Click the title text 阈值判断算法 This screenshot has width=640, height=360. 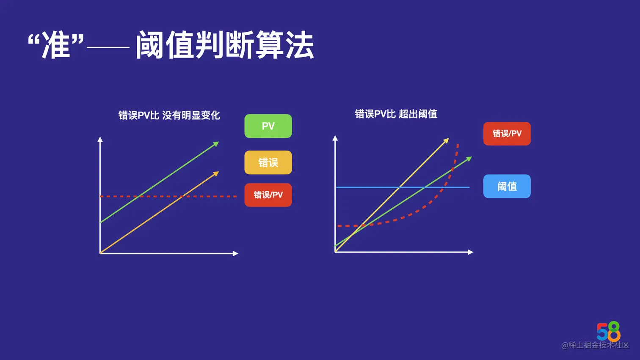point(225,45)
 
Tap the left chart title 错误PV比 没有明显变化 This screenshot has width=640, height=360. point(169,115)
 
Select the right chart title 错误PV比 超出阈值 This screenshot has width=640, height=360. point(396,114)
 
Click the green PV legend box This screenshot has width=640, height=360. point(268,126)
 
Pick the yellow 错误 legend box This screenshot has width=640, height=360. point(268,162)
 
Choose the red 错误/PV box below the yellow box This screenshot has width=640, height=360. point(268,195)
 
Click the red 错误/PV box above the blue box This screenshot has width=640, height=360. point(507,134)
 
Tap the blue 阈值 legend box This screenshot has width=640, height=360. point(507,186)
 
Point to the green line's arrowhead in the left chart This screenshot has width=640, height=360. point(216,144)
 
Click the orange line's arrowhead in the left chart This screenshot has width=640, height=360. point(216,173)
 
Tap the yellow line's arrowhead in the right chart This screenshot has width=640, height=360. point(446,140)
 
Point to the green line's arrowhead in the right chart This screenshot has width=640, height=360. point(469,159)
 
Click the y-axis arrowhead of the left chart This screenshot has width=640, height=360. point(100,139)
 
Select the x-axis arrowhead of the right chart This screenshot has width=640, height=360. point(471,252)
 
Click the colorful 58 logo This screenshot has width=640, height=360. point(608,331)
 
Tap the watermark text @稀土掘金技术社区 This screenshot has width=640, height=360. point(595,345)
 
